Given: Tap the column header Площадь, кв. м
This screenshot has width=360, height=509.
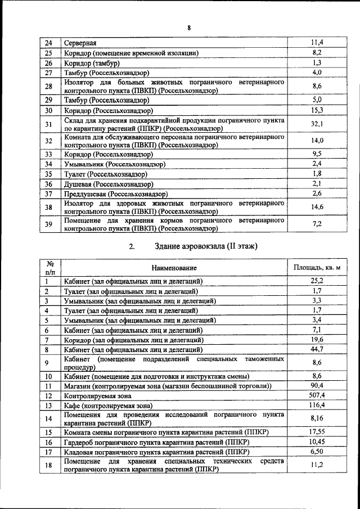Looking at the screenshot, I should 317,267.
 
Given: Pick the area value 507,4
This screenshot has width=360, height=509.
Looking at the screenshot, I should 317,395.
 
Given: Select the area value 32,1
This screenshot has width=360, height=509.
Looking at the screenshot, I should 317,124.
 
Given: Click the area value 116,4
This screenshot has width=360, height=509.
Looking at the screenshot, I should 317,405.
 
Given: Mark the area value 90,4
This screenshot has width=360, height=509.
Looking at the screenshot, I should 317,385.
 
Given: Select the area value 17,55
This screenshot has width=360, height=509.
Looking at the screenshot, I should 317,431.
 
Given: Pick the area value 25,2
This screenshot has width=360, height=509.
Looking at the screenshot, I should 317,281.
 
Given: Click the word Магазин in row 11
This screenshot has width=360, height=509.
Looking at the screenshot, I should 79,386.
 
